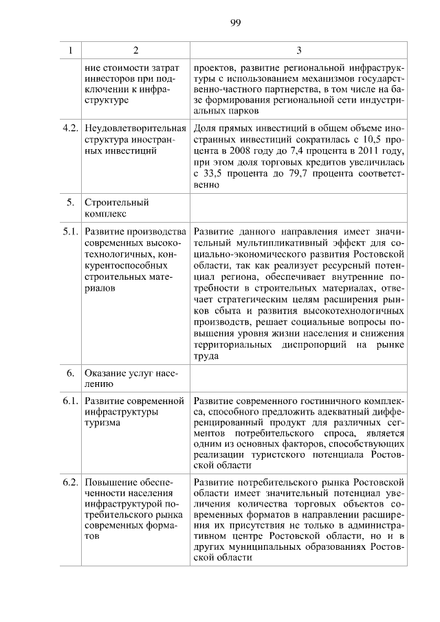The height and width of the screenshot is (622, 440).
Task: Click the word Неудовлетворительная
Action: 135,128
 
